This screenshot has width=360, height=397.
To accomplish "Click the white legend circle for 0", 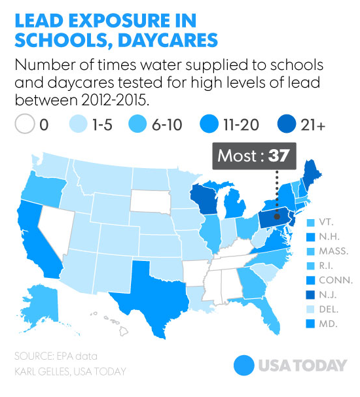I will [x=24, y=124].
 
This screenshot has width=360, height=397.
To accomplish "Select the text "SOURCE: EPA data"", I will [x=55, y=356].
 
